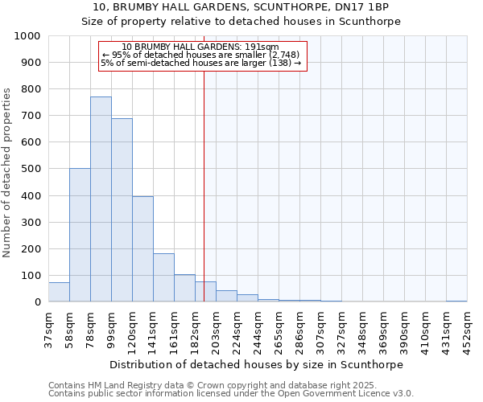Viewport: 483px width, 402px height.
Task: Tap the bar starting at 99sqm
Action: click(x=122, y=210)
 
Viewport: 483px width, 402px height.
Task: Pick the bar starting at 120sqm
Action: click(x=142, y=249)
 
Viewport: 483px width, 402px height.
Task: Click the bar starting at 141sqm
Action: click(x=163, y=277)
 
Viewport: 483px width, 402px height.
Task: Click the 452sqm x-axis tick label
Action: click(x=467, y=330)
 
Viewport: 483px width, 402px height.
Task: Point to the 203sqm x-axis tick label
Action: click(x=216, y=330)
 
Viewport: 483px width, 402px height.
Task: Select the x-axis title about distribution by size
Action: click(x=257, y=364)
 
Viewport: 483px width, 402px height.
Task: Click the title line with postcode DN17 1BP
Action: click(x=242, y=7)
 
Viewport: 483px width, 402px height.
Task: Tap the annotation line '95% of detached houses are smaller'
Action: click(x=202, y=55)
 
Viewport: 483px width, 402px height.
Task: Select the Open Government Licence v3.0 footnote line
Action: click(x=231, y=393)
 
